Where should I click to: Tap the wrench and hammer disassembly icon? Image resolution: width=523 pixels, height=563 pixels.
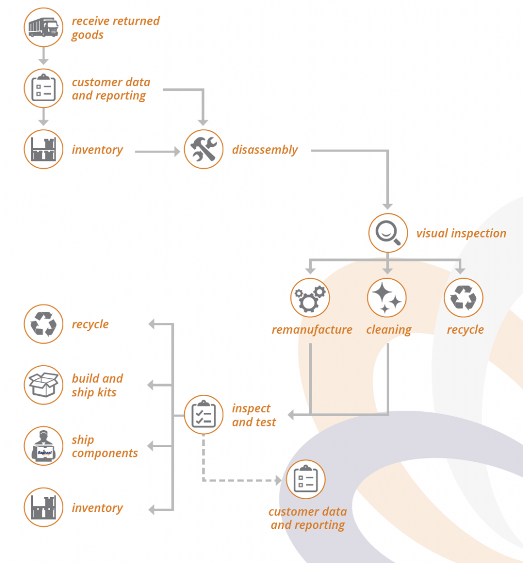pos(203,149)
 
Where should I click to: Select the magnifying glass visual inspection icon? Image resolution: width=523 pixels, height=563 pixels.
pos(388,232)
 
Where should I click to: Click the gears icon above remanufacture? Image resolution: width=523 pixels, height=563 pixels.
pos(310,298)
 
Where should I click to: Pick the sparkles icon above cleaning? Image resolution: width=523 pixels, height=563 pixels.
pos(387,298)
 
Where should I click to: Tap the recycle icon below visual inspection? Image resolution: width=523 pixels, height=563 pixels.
pos(464,298)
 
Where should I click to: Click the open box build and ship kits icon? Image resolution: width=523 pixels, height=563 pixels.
pos(43,385)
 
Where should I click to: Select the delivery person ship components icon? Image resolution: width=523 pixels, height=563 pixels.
pos(43,446)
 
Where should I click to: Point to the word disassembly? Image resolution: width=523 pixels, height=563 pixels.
pos(265,150)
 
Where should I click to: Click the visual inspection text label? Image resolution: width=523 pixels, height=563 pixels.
pos(461,233)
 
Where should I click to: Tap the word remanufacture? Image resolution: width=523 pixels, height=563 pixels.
pos(312,330)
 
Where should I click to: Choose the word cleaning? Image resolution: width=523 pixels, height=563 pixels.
pos(389,330)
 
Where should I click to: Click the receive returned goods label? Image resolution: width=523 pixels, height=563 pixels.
pos(115,28)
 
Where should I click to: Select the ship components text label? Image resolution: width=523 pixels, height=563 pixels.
pos(104,446)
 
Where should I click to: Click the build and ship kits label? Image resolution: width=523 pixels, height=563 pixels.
pos(97,385)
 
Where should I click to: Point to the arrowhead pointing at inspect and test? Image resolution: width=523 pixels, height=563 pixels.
pos(291,415)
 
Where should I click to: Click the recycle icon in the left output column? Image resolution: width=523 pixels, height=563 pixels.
pos(43,324)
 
